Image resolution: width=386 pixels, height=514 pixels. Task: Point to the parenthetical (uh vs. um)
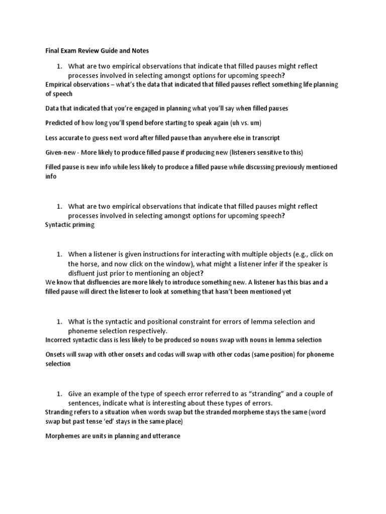(x=237, y=123)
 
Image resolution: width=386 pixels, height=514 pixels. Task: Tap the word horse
(x=89, y=264)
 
